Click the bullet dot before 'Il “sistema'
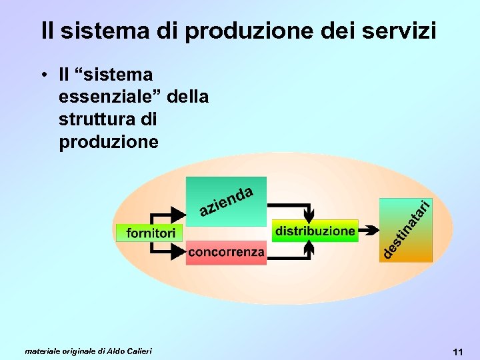42,75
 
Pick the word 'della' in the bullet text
189,97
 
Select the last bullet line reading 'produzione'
109,143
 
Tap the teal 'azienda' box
226,198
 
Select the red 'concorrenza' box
226,253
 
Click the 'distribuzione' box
315,231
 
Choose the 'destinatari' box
405,230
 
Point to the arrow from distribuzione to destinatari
367,231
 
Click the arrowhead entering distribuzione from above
309,215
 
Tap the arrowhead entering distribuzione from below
309,247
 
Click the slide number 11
457,351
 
